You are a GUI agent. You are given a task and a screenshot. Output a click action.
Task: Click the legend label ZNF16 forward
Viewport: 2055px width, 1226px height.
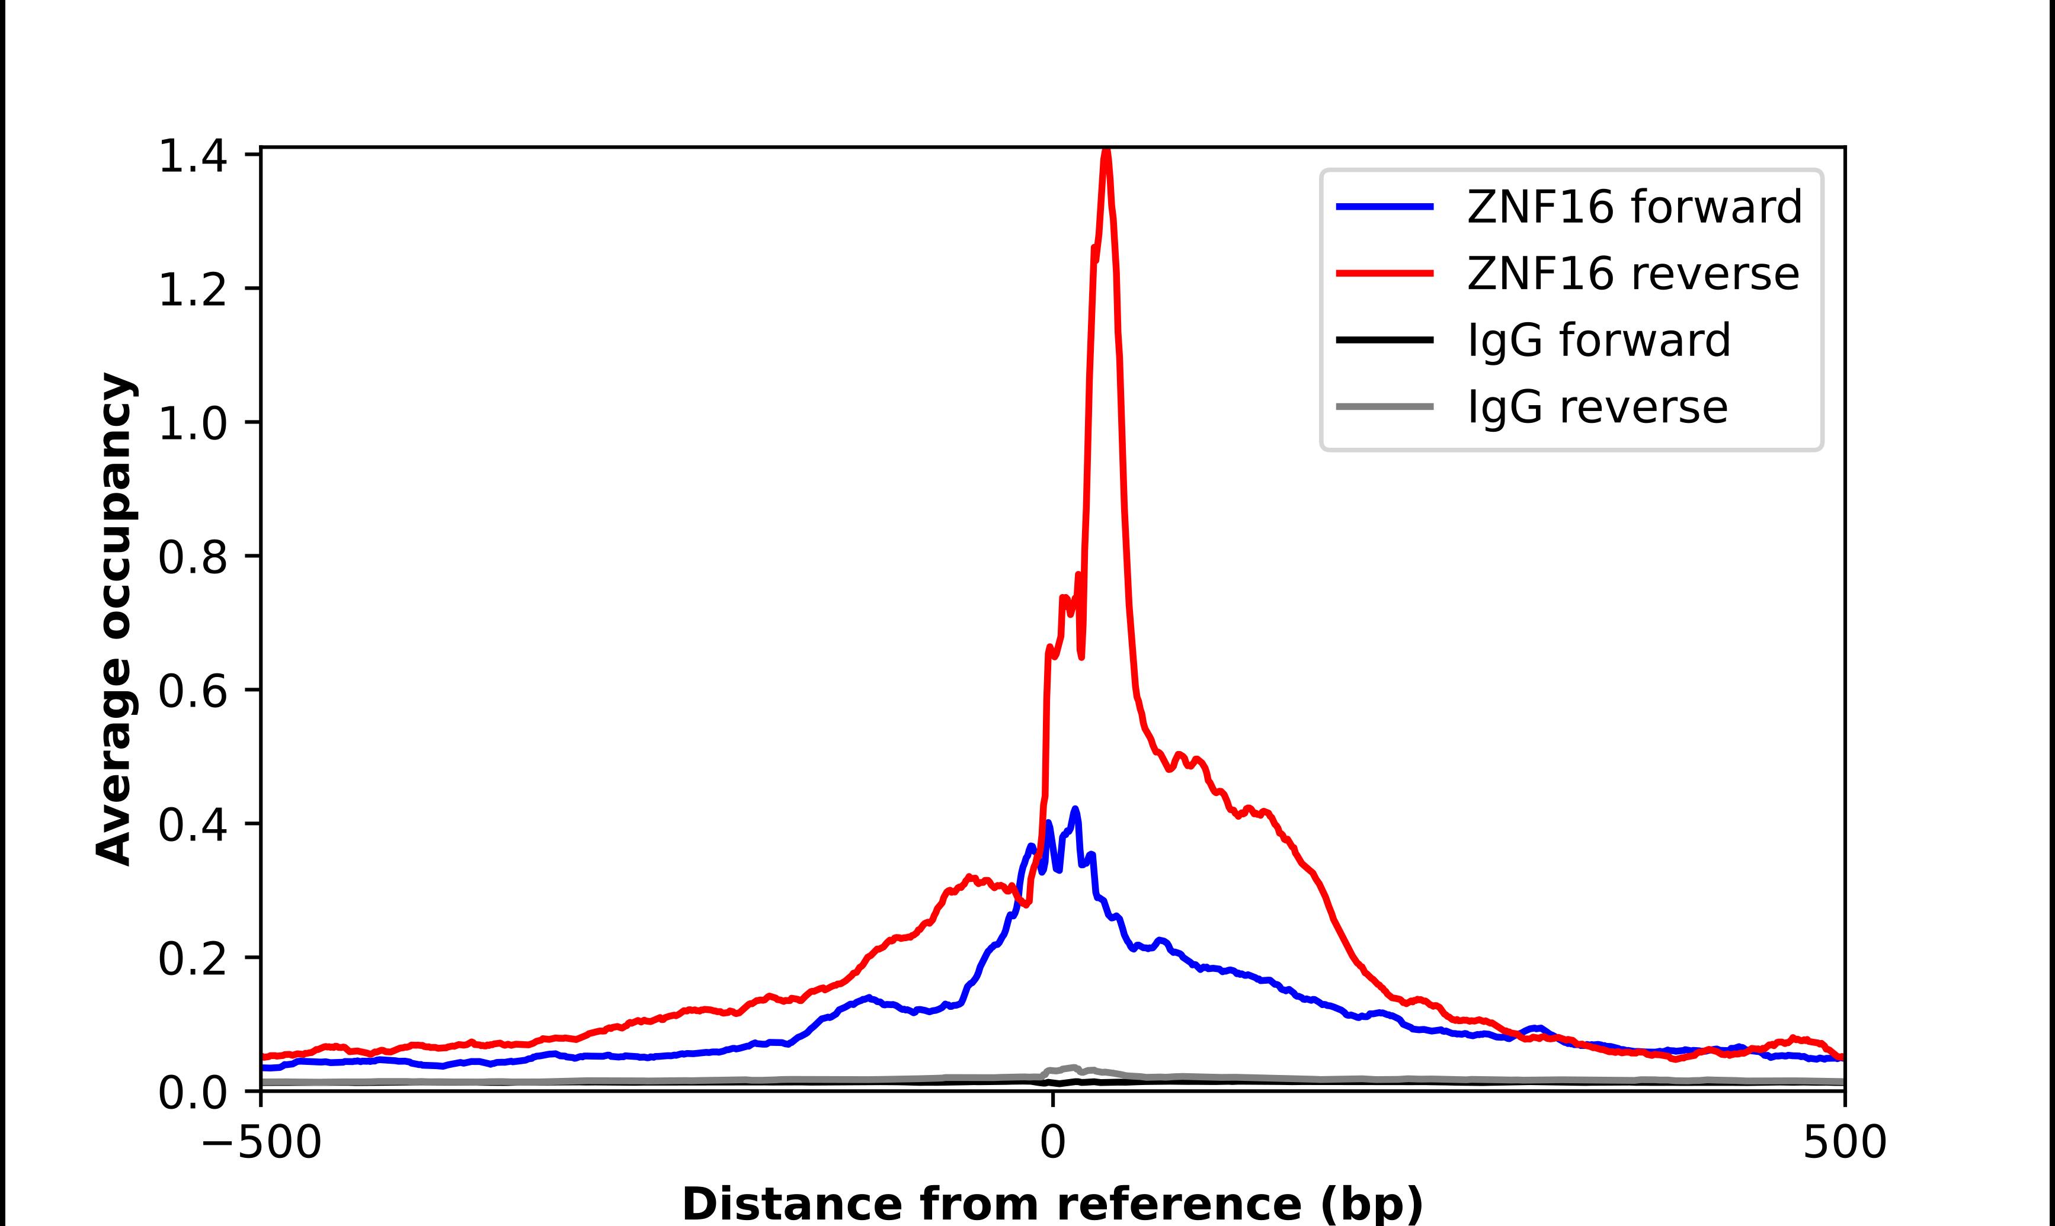coord(1634,207)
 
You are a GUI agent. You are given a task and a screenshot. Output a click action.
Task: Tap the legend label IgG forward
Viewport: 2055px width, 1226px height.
coord(1598,341)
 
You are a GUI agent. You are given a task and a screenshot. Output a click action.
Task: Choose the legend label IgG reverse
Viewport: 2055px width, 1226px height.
coord(1597,407)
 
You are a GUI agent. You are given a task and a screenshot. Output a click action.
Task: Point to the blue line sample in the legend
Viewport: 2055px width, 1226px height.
coord(1385,207)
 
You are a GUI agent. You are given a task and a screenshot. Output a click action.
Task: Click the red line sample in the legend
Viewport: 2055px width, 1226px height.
coord(1385,274)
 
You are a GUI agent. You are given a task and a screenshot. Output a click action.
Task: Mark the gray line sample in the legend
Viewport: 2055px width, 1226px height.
coord(1385,406)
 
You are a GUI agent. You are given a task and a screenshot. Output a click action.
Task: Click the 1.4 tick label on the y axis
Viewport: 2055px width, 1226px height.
coord(192,157)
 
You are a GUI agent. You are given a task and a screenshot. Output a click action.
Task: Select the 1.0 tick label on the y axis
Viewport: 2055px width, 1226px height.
coord(192,425)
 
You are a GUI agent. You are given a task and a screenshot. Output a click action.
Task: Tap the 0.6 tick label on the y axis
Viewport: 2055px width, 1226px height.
coord(192,692)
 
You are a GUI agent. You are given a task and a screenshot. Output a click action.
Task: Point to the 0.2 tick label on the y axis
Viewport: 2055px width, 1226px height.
coord(192,959)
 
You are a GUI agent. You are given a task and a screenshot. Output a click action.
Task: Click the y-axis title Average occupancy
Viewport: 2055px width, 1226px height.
coord(114,620)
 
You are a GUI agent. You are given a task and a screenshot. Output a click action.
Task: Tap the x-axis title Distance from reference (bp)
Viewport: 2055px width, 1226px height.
coord(1052,1203)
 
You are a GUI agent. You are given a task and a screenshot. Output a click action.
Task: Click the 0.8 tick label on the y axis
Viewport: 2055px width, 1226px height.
coord(192,559)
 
